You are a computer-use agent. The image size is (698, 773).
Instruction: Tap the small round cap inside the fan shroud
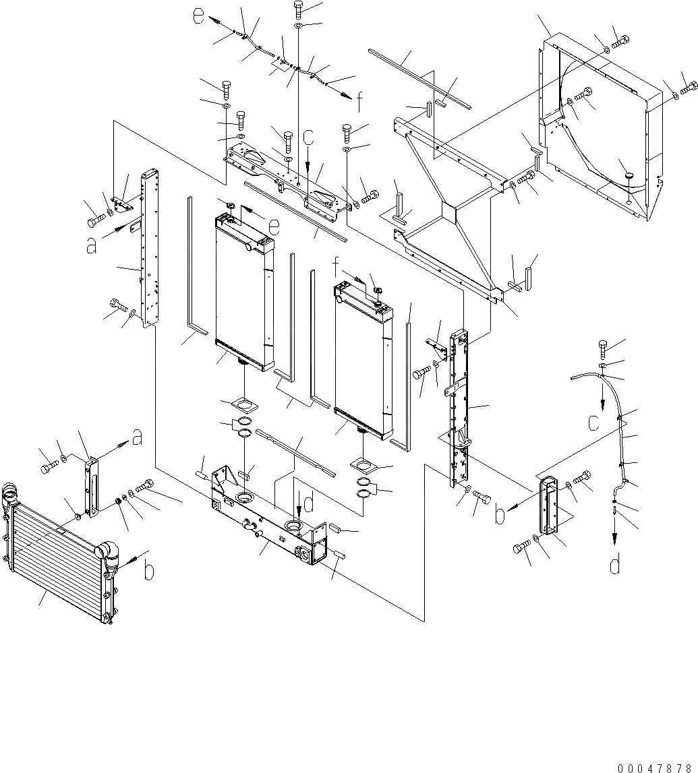tap(629, 176)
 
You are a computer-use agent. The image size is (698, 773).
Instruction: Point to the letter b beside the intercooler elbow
tap(150, 571)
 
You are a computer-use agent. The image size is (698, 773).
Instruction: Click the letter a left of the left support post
tap(92, 247)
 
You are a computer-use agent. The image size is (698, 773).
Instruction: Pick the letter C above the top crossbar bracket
tap(308, 138)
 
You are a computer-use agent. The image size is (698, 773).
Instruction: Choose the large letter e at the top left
tap(198, 17)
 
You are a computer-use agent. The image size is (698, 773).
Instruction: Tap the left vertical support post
tap(148, 249)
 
